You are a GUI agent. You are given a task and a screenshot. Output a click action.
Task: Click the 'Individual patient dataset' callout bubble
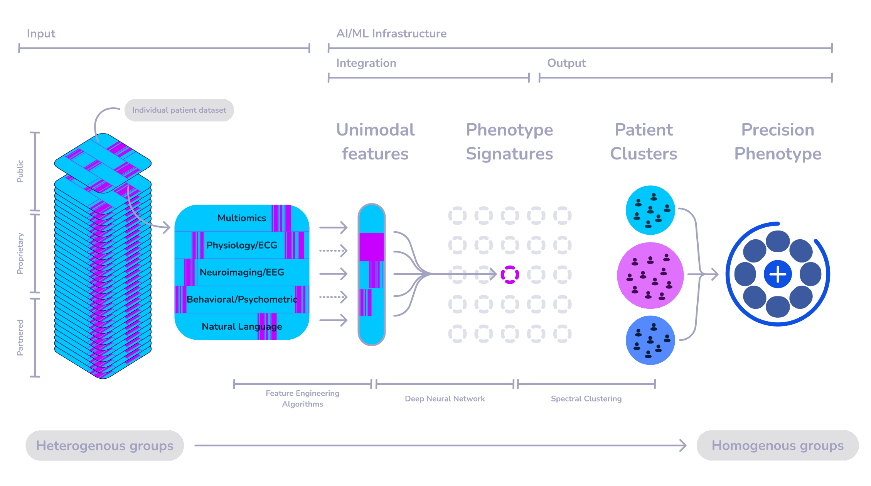tap(179, 110)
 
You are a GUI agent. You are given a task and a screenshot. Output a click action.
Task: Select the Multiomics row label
tap(242, 218)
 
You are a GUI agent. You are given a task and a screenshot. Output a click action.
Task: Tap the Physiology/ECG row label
tap(242, 245)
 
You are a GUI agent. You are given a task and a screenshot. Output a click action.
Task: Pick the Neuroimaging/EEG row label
tap(242, 272)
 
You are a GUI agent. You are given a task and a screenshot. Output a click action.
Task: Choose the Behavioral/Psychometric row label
tap(242, 299)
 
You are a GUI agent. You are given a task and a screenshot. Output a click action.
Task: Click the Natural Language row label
tap(242, 327)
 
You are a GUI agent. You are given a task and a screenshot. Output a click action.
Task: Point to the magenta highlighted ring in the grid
tap(510, 274)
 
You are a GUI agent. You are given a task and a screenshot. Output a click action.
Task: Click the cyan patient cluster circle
tap(650, 210)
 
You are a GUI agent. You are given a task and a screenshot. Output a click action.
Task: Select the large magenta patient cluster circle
tap(650, 275)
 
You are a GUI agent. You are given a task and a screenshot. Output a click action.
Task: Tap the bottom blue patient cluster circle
tap(650, 340)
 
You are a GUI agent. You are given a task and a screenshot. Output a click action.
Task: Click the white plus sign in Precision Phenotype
tap(778, 274)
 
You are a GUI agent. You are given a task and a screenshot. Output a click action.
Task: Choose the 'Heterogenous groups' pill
tap(104, 445)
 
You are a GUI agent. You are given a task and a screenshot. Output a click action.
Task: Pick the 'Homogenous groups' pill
tap(777, 445)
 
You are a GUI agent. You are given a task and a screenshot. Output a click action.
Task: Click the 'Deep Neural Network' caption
tap(445, 399)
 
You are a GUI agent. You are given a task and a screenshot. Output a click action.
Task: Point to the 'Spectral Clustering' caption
tap(586, 399)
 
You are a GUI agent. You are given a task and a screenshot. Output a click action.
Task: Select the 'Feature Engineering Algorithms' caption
tap(302, 399)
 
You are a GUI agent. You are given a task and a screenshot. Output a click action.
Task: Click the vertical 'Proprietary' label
tap(20, 254)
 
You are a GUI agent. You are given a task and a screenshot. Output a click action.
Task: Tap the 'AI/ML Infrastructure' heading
tap(391, 34)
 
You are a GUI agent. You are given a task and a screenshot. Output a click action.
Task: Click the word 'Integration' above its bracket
tap(366, 63)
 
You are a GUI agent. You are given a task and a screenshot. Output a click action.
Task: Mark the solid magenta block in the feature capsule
tap(371, 247)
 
